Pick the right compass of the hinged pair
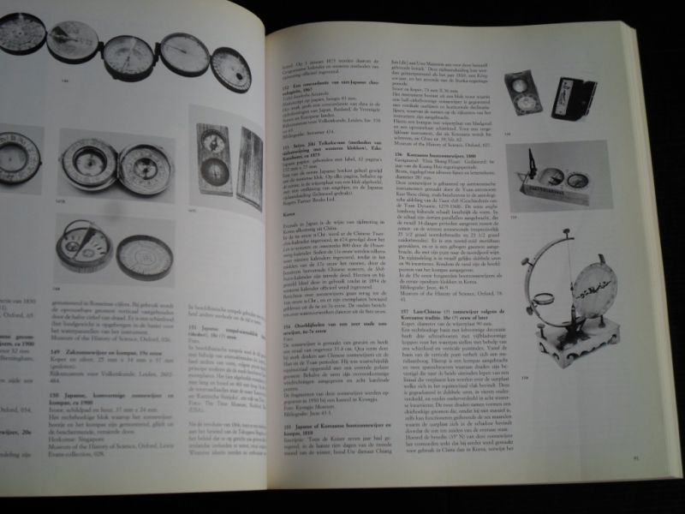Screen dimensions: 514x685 tap(146, 168)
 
